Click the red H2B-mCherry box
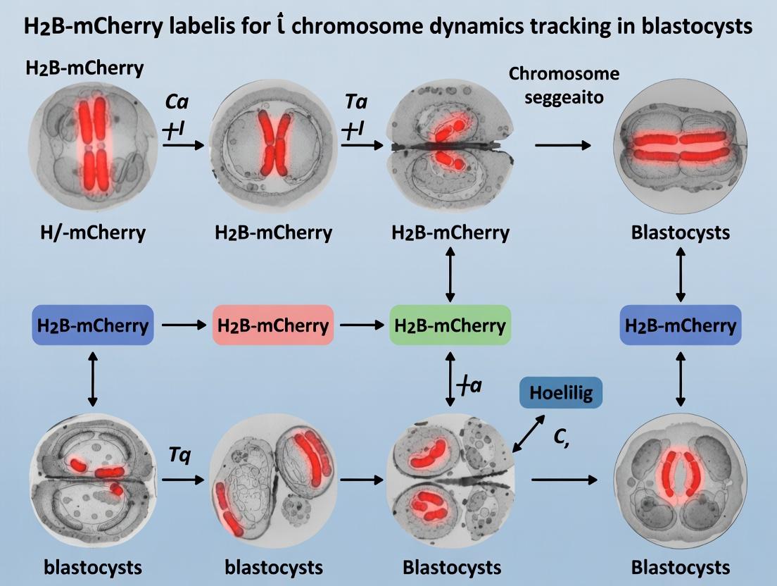coord(273,325)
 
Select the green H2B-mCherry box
coord(450,325)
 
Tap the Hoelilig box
coord(561,393)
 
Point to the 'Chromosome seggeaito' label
coord(565,85)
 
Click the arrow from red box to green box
coord(361,325)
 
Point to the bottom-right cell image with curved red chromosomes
coord(680,480)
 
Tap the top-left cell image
coord(92,145)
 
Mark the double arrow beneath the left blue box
coord(92,378)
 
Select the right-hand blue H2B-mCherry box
coord(680,325)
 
